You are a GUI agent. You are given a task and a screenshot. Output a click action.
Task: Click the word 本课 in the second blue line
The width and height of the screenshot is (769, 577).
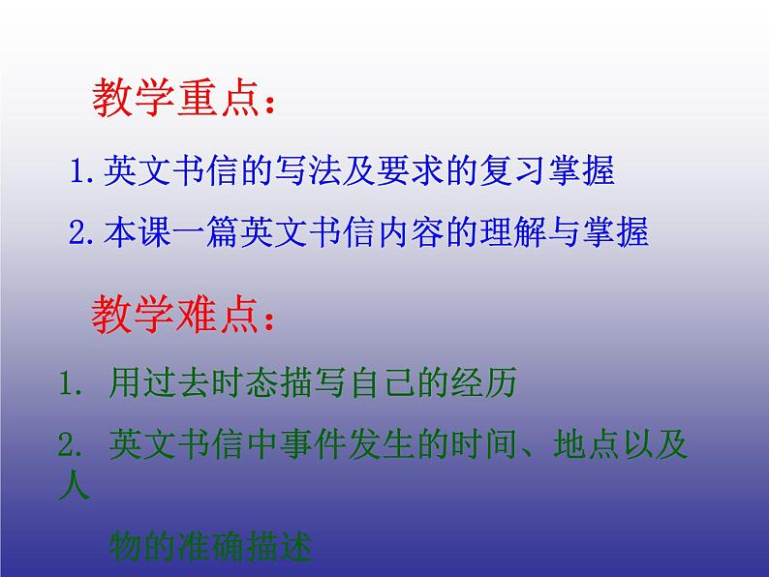[x=131, y=233]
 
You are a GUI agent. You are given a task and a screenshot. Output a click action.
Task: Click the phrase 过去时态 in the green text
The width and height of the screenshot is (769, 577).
[x=212, y=384]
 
